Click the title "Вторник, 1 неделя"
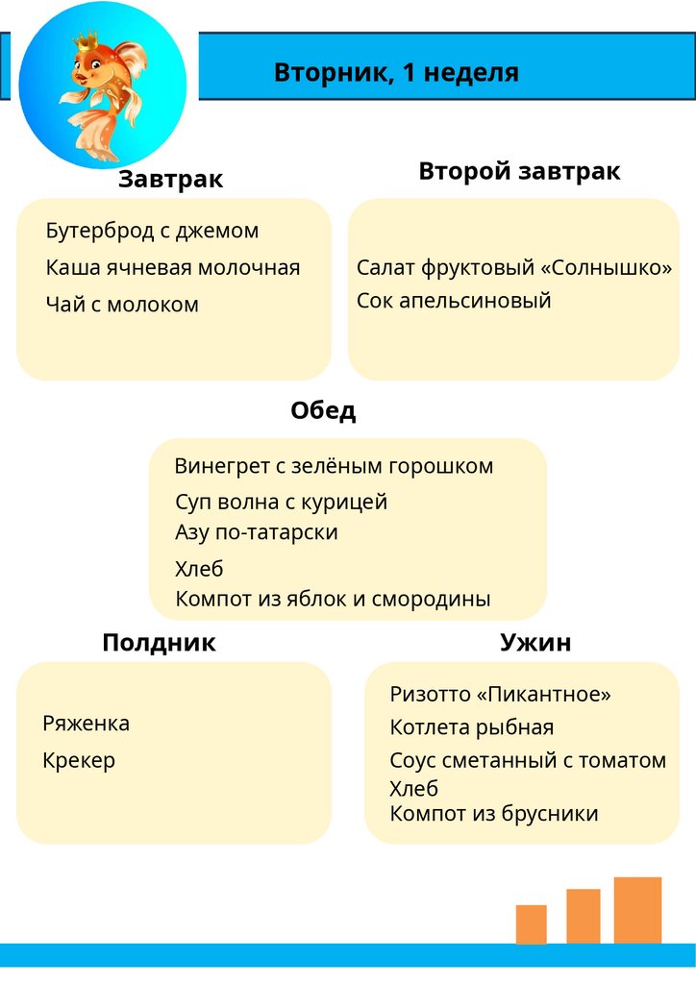click(396, 73)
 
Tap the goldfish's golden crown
click(88, 42)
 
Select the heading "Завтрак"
click(171, 180)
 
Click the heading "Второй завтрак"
click(519, 171)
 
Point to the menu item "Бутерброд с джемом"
click(152, 231)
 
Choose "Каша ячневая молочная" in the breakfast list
click(173, 267)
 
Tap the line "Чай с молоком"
click(122, 305)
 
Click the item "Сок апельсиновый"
click(454, 300)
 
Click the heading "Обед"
click(323, 410)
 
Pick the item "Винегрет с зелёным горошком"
click(334, 466)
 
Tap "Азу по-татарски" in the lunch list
click(257, 531)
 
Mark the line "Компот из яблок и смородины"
click(333, 599)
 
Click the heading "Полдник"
click(159, 643)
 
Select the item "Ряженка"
click(87, 724)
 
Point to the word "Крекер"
click(79, 760)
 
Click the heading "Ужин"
click(535, 643)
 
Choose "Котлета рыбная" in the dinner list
click(472, 727)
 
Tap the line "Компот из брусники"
click(494, 814)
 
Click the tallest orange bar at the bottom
click(637, 910)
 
